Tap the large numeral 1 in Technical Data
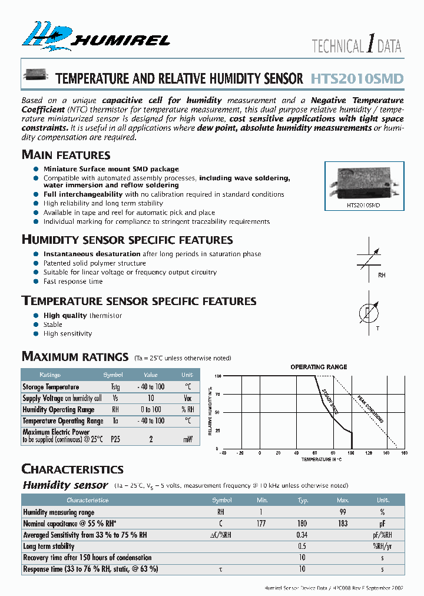370,45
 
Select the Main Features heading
66,155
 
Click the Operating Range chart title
319,367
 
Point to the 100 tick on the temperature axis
352,453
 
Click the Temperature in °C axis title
321,459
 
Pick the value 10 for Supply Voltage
151,398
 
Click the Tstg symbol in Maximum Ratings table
115,387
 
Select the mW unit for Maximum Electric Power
187,439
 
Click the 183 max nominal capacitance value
343,524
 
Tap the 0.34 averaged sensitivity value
303,535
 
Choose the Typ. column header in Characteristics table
303,500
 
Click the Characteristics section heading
72,469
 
